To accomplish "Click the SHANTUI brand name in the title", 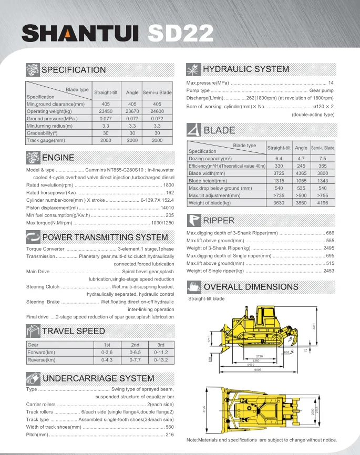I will coord(79,34).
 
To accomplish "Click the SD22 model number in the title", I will coord(180,34).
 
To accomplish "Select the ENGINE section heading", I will coord(58,157).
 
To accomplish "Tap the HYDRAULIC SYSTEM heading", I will coord(246,69).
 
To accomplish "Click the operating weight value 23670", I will coord(132,111).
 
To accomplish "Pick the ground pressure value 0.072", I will coord(157,119).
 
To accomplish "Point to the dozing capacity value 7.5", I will coord(322,158).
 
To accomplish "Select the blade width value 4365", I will coord(301,173).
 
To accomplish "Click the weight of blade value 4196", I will coord(322,202).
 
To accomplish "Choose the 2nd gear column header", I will coord(134,344).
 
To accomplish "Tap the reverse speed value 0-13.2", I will coord(161,360).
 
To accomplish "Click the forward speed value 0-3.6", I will coord(107,352).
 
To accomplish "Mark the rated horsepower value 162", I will coord(170,193).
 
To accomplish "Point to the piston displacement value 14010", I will coord(167,208).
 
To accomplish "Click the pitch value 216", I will coord(170,435).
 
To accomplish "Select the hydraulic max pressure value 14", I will coord(331,83).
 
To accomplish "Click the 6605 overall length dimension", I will coord(258,370).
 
